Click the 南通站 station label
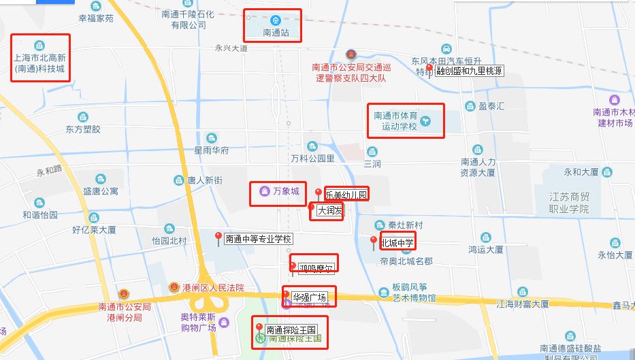[276, 32]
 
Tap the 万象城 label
[286, 191]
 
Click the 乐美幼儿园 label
[346, 195]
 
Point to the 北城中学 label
[397, 242]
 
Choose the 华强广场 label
[310, 297]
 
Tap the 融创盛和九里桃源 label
[470, 71]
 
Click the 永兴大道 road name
[231, 48]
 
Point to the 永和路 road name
[49, 169]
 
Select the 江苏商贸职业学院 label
[570, 203]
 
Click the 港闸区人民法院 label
[212, 288]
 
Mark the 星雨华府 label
[211, 150]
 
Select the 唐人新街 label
[205, 180]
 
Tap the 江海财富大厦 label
[523, 304]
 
